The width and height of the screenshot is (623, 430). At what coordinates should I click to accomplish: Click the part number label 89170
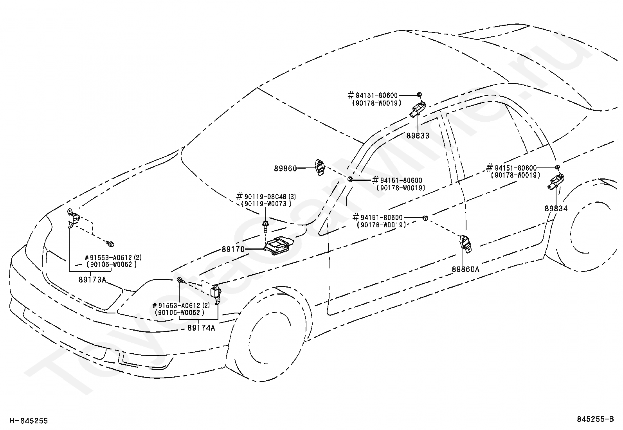click(233, 249)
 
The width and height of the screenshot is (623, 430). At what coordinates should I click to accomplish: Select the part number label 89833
click(418, 136)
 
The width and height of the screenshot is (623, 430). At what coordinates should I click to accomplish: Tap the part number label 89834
click(556, 209)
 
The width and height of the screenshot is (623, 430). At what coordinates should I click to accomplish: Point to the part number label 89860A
click(466, 269)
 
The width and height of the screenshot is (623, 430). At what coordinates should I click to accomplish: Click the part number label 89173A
click(92, 280)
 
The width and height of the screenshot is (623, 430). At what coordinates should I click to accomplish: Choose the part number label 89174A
click(202, 328)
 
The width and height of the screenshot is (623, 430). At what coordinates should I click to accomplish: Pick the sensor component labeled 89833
click(417, 109)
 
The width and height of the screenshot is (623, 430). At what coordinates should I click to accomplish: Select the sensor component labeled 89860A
click(465, 244)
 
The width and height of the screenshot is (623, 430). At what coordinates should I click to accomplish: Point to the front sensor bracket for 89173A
click(73, 219)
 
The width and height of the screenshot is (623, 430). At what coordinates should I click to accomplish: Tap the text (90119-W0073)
click(266, 204)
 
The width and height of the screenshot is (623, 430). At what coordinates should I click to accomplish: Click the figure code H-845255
click(29, 421)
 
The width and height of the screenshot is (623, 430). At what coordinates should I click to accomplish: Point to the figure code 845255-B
click(595, 419)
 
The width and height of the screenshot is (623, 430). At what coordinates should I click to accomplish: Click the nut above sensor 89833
click(419, 95)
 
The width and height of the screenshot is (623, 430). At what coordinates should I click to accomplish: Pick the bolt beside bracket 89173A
click(111, 244)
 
